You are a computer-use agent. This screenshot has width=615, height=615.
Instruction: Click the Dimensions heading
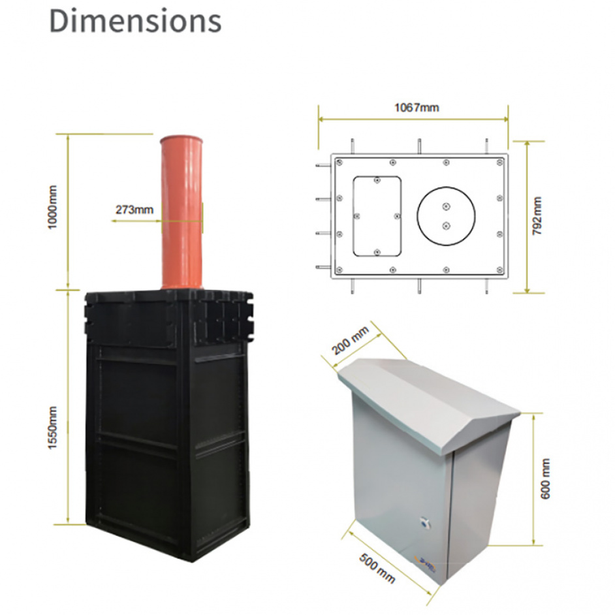click(135, 21)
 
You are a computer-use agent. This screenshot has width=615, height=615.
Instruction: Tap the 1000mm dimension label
click(52, 207)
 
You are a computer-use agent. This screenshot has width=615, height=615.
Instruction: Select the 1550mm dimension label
click(52, 428)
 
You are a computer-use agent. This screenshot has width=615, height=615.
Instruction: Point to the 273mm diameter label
click(134, 210)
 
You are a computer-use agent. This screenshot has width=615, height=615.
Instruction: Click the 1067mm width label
click(417, 108)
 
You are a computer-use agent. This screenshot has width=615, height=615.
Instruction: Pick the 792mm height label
click(537, 215)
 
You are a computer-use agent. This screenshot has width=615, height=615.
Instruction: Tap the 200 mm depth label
click(350, 340)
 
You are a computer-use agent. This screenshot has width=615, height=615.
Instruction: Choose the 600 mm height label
click(545, 479)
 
